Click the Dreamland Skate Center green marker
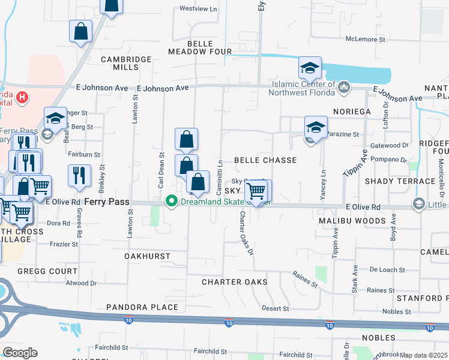(x=172, y=202)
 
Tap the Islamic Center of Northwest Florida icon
(x=344, y=88)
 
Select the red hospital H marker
(x=22, y=97)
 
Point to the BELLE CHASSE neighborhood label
(x=265, y=160)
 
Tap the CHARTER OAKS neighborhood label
(x=234, y=281)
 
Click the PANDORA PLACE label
(x=142, y=307)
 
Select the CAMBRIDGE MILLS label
(x=126, y=63)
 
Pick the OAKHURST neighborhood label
(x=147, y=256)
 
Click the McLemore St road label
(x=365, y=40)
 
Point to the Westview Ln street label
(x=198, y=10)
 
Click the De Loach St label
(x=387, y=270)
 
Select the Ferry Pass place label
(x=107, y=202)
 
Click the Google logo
(x=20, y=353)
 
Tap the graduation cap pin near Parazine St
(x=316, y=128)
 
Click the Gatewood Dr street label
(x=390, y=146)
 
